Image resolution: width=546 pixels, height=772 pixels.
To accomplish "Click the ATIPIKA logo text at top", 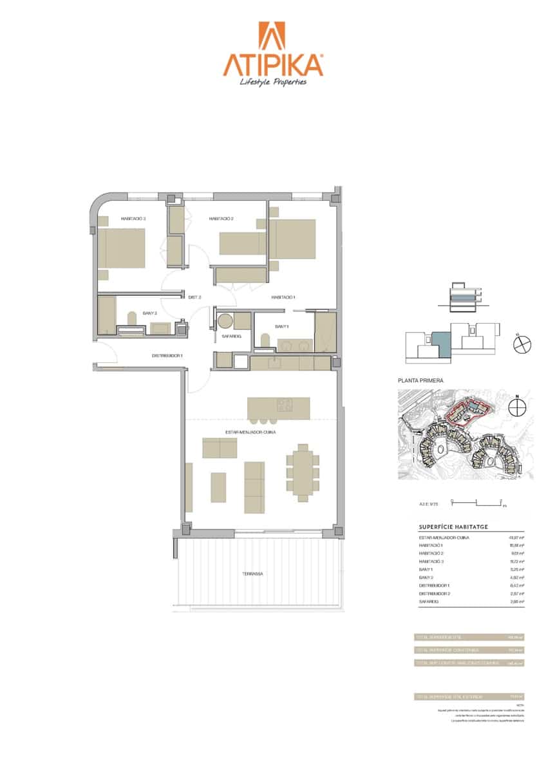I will point(272,64).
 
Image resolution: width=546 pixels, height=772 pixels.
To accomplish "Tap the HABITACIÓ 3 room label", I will point(133,219).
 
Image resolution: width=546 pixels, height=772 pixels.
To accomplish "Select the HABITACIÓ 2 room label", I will point(221,219).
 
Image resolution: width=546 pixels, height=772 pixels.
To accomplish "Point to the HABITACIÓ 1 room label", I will point(283,297).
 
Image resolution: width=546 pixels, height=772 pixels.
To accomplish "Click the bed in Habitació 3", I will point(121,248).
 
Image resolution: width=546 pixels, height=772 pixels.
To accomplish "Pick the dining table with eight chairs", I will point(301,472).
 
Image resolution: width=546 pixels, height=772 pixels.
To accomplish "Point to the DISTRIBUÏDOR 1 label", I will point(167,356).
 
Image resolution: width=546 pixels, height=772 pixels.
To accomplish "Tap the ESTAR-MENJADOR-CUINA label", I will point(250,433).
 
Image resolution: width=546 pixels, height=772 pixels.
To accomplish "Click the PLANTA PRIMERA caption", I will point(421,381).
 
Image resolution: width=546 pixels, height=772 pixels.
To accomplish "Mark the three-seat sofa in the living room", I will point(254,487).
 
